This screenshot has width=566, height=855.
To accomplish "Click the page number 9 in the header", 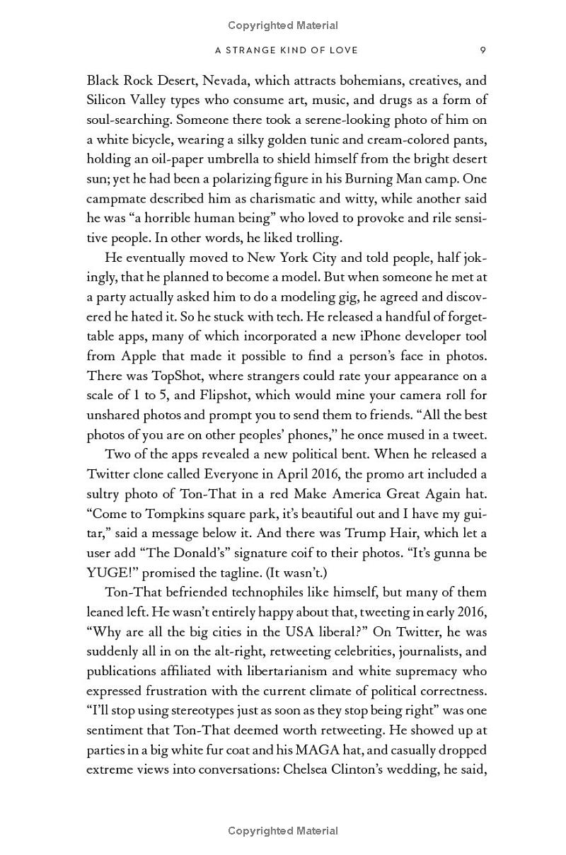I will coord(483,50).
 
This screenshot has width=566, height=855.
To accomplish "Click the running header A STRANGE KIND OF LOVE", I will coord(287,50).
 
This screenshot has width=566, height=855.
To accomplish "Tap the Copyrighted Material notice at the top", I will coord(283,25).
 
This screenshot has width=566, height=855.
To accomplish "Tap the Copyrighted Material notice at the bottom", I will coord(283,831).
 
